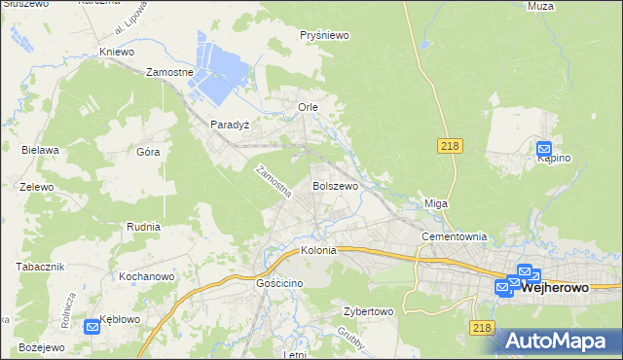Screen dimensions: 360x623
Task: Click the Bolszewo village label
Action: tap(335, 185)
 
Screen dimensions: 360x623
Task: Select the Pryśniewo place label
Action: tap(325, 35)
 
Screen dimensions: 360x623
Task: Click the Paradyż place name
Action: tap(231, 125)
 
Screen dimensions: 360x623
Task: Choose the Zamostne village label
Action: tap(170, 72)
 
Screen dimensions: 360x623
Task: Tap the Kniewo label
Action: tap(116, 51)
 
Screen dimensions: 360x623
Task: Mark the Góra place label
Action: tap(148, 153)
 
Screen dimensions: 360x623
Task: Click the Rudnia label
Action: tap(143, 226)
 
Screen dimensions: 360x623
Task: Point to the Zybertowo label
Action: tap(367, 312)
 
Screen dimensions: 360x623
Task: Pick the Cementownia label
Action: tap(453, 236)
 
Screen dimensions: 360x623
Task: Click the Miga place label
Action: tap(435, 203)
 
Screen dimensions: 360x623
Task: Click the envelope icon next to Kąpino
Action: tap(544, 149)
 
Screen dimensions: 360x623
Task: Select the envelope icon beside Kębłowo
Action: tap(92, 328)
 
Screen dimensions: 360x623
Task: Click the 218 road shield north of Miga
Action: tap(449, 145)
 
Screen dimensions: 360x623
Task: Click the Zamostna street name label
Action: tap(273, 182)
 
